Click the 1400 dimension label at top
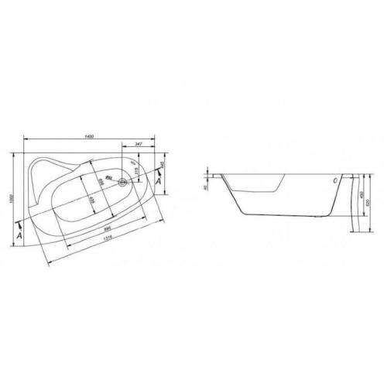click(90, 136)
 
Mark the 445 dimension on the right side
click(162, 164)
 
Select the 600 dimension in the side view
click(368, 200)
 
